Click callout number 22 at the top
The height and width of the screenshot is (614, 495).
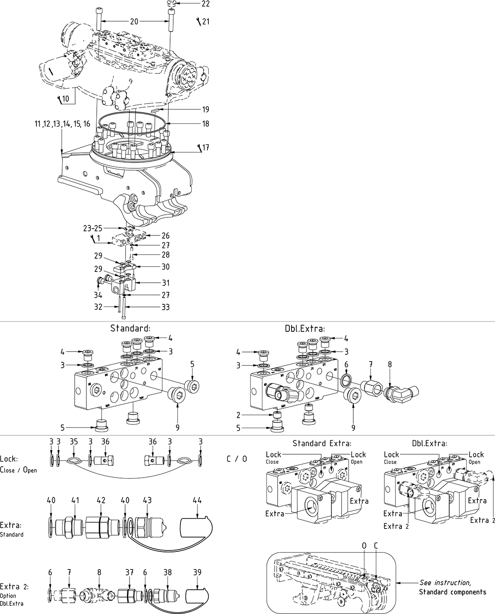pos(205,4)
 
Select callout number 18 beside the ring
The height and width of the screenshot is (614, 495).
pos(205,124)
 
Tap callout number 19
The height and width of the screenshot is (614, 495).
pos(205,109)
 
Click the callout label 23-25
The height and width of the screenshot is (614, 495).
pos(93,228)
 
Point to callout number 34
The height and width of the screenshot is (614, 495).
pos(98,295)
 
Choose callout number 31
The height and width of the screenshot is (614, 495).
pos(166,283)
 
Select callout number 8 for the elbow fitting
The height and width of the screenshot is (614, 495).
pos(390,364)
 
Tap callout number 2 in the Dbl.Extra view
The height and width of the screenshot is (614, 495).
pos(238,415)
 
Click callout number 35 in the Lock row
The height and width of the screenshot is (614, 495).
pos(74,442)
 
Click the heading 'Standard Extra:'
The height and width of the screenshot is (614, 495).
pos(322,443)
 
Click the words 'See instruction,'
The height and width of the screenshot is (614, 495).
pos(445,582)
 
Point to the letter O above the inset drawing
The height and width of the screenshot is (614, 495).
pos(364,545)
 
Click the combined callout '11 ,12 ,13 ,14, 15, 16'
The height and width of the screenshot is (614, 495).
pos(62,124)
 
